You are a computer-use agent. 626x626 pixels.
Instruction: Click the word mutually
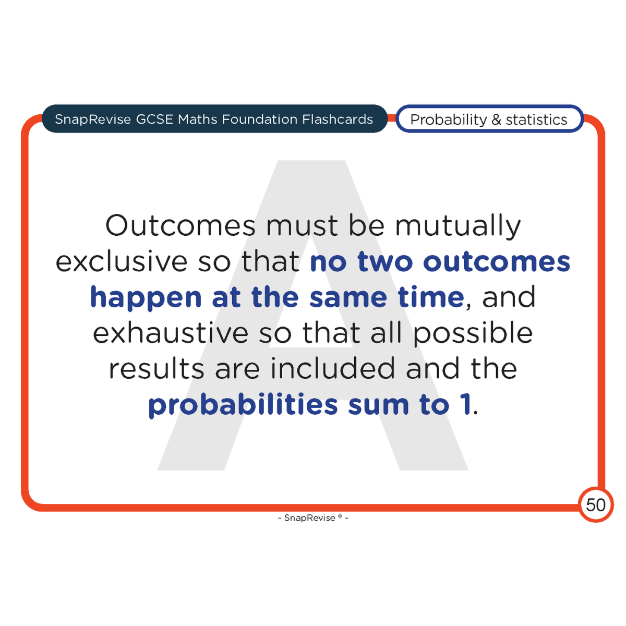pos(458,226)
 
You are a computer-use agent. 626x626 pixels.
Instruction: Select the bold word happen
pos(146,297)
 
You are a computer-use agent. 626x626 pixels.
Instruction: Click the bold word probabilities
pos(243,405)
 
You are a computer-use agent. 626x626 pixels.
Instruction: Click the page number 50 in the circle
pos(595,505)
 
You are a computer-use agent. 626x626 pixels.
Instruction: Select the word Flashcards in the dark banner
pos(337,119)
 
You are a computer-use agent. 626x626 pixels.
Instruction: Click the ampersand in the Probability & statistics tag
pos(496,119)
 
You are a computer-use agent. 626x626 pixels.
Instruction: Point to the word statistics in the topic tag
pos(536,119)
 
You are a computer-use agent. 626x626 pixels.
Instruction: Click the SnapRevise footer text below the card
pos(313,518)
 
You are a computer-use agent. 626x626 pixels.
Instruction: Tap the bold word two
pos(386,262)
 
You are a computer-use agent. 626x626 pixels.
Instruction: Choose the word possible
pos(473,333)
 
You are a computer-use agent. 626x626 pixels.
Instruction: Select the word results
pos(156,369)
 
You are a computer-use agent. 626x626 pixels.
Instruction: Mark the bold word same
pos(348,297)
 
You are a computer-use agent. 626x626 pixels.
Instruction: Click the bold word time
pos(431,297)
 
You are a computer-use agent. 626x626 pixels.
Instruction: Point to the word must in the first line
pos(302,226)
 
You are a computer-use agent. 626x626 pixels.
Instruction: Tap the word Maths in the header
pos(198,119)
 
